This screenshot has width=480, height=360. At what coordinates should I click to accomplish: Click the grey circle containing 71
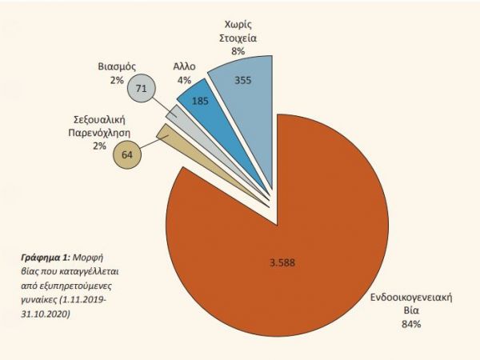coord(141,89)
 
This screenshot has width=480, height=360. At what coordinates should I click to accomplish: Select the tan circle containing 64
coord(126,155)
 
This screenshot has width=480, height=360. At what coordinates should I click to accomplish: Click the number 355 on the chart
coord(245,80)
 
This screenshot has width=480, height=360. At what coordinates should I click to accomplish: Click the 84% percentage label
coord(412,324)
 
